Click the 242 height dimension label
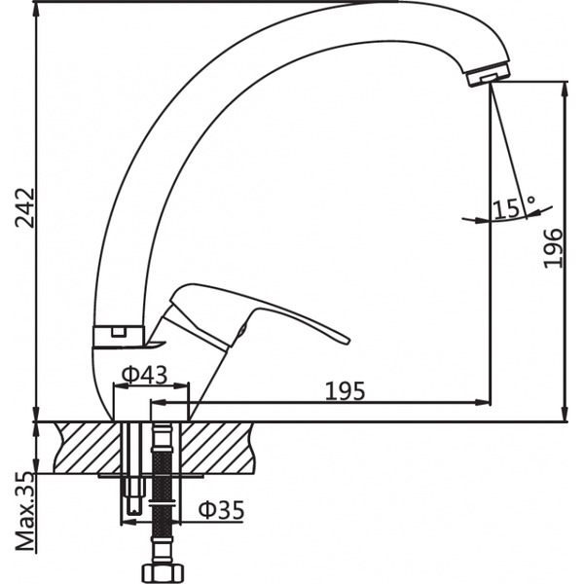click(27, 207)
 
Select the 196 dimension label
click(552, 248)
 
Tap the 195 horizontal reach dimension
click(345, 390)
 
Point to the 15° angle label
click(514, 208)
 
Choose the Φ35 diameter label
click(221, 509)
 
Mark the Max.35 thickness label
click(25, 512)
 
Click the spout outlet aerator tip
click(489, 75)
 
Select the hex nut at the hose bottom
click(162, 570)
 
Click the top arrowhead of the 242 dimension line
click(36, 7)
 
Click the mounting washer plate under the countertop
click(146, 476)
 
